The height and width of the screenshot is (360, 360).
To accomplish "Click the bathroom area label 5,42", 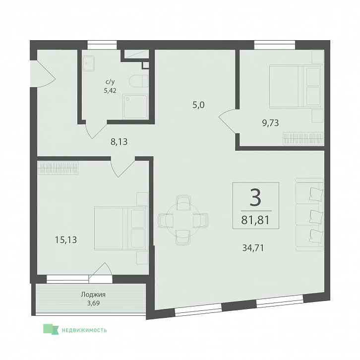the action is [110, 90].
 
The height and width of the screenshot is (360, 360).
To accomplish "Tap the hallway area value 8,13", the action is [119, 142].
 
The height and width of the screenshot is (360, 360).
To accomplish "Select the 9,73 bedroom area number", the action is [270, 123].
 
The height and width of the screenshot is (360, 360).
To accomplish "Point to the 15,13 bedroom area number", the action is [66, 240].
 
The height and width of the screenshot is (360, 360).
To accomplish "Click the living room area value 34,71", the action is [253, 248].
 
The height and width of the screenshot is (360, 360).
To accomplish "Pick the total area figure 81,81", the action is [255, 220].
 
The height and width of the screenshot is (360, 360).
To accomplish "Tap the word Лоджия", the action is [93, 295].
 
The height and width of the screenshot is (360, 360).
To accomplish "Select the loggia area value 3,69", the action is [93, 303].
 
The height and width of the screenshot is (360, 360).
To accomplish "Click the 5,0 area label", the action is [199, 105].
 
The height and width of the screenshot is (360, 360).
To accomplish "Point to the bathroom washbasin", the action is [88, 63].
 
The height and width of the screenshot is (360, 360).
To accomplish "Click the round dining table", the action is [183, 220].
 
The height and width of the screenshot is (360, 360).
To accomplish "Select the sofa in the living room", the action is [309, 214].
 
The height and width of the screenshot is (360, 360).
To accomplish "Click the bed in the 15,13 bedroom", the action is [121, 228].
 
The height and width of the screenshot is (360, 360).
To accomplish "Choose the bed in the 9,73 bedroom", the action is [297, 86].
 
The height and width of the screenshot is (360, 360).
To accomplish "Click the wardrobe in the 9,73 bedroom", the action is [303, 138].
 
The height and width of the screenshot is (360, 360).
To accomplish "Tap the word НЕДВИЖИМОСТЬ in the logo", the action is [84, 330].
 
